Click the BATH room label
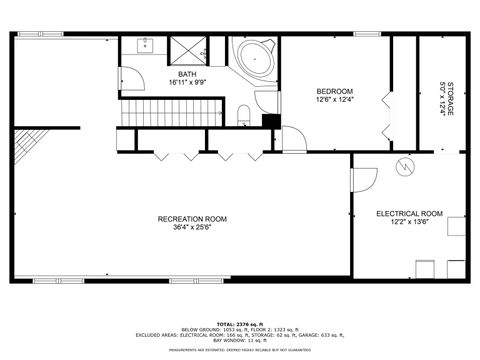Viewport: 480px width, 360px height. (187, 74)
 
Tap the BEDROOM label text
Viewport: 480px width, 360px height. (335, 88)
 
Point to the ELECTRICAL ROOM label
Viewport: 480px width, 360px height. (409, 213)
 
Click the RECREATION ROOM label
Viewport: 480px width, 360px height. (192, 219)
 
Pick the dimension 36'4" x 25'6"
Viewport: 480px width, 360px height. (192, 228)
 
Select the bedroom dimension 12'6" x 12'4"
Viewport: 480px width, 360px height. (335, 98)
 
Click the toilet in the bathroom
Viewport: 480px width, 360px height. (243, 113)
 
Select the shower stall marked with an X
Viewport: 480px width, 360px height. (187, 48)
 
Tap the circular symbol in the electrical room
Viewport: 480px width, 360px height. (406, 166)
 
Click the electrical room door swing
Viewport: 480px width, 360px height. (362, 180)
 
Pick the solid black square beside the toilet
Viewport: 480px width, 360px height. (268, 121)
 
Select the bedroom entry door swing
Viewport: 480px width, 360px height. (292, 140)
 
